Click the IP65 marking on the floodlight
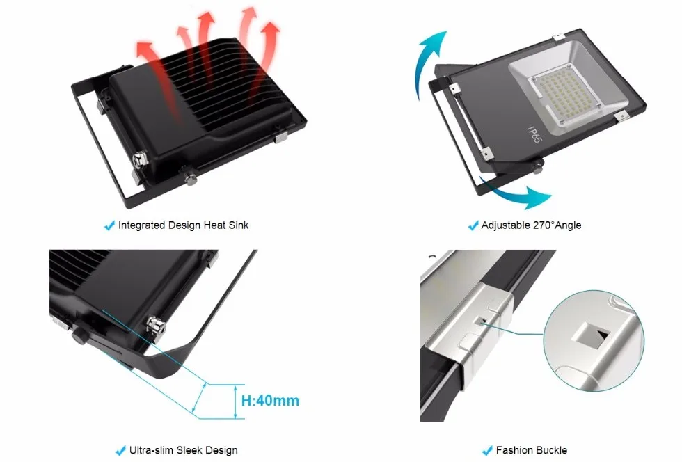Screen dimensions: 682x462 (534, 134)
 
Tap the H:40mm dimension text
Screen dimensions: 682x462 (270, 401)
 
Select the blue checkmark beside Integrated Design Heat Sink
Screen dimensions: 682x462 (109, 225)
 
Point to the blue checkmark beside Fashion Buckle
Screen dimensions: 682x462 (487, 450)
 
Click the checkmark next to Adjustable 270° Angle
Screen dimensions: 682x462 (473, 225)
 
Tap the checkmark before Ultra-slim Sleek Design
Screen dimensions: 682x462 (120, 450)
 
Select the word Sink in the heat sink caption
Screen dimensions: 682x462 (238, 225)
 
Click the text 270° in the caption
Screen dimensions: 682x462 (544, 225)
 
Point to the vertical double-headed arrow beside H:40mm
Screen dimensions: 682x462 (236, 401)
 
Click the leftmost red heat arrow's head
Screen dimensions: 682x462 (144, 49)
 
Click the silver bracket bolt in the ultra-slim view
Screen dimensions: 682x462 (156, 327)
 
